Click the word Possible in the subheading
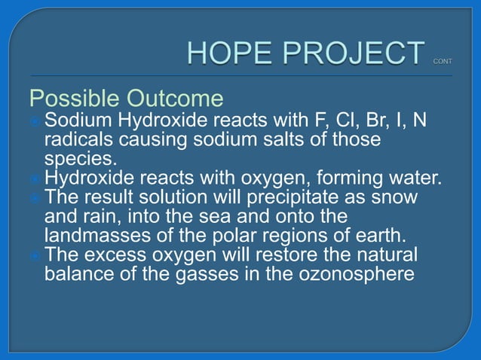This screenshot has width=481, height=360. coord(74,99)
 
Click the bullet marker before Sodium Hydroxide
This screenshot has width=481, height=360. coord(35,121)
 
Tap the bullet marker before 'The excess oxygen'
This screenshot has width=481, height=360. coord(35,254)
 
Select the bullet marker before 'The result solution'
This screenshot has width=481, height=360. coord(35,197)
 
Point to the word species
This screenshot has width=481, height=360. coord(78,159)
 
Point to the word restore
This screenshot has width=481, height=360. coord(289,253)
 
